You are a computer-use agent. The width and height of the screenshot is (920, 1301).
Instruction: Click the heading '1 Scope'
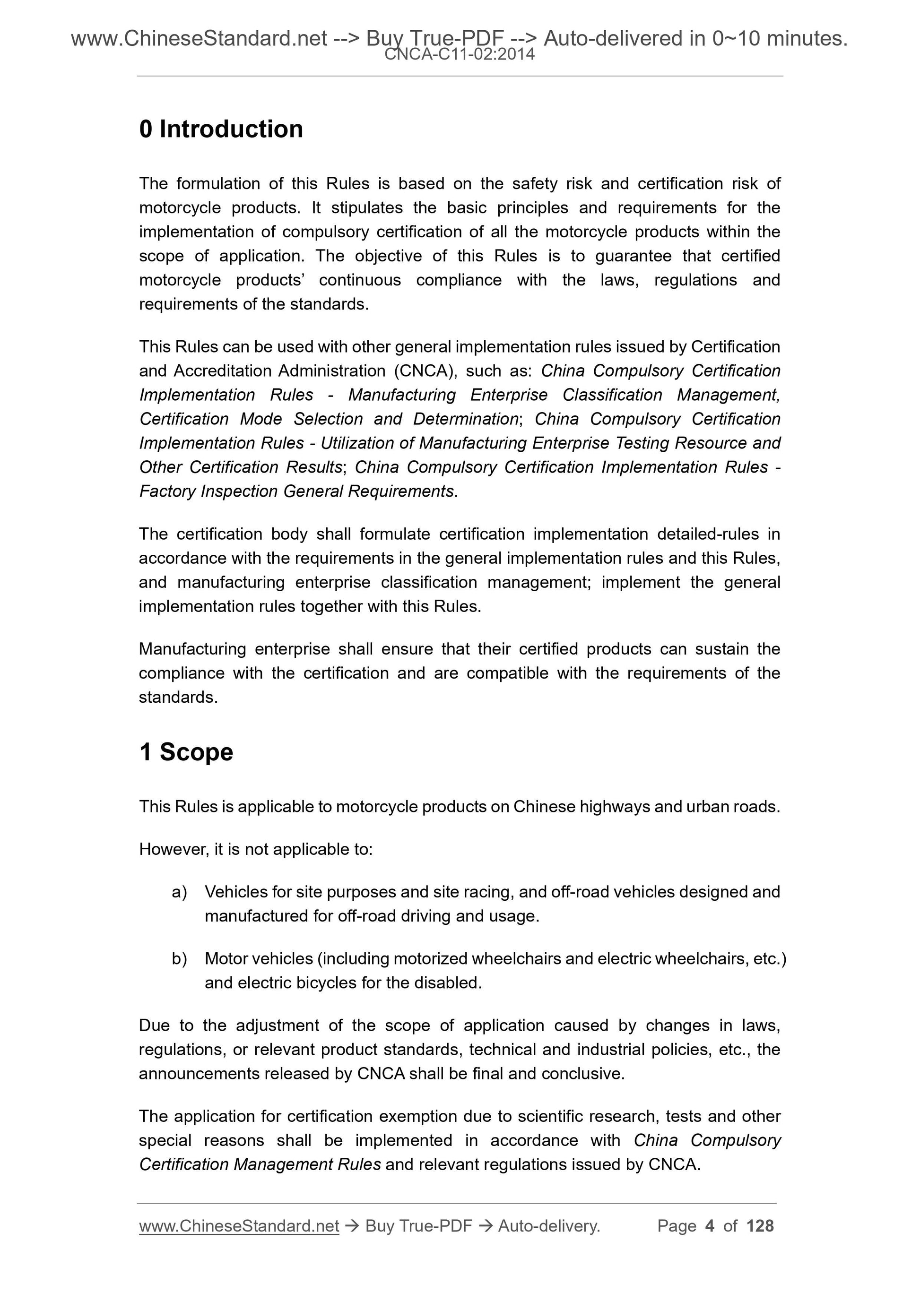click(x=186, y=752)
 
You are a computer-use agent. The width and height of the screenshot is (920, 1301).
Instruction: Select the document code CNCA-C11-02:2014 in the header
click(x=459, y=55)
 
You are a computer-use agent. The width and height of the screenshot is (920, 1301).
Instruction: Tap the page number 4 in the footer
click(x=710, y=1226)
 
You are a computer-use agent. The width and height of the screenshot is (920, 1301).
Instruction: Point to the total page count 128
click(x=760, y=1226)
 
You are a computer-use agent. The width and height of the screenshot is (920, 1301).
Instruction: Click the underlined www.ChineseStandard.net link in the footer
click(x=239, y=1226)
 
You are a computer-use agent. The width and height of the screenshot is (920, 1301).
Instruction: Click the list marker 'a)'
click(x=179, y=892)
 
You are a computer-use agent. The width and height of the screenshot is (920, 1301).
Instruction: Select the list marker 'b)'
click(x=179, y=958)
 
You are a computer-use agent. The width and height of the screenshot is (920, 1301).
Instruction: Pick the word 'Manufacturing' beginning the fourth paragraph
click(x=192, y=649)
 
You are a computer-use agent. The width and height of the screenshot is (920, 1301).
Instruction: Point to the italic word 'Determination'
click(x=465, y=419)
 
